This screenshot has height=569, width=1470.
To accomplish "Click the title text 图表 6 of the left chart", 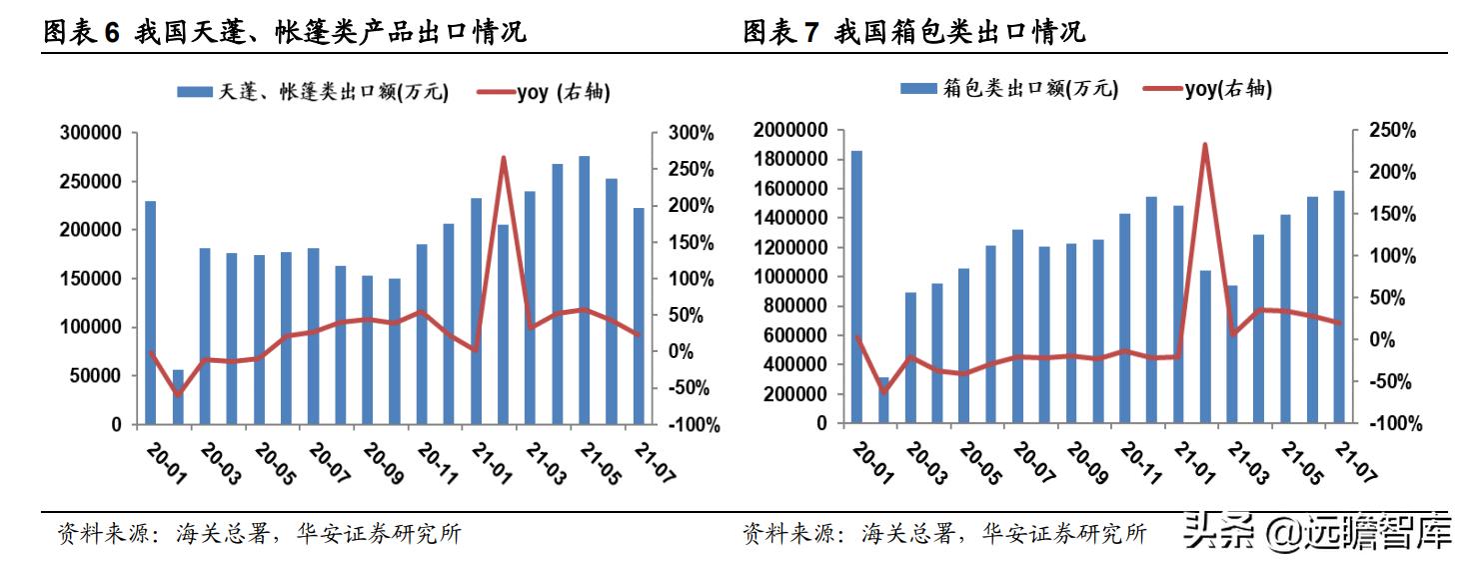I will pos(80,32).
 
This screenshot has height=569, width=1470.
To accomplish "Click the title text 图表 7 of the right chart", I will pos(780,32).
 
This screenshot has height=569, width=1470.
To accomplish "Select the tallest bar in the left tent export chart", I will pos(585,290).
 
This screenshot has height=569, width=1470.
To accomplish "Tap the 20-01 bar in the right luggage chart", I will pos(856,286).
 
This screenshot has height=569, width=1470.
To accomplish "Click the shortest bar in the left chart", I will pos(178,397).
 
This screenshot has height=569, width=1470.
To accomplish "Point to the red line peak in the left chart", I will pos(504,158).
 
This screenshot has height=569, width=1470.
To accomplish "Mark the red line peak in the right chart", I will pos(1205,145).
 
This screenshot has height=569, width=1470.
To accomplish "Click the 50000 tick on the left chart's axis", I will pos(94,376).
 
